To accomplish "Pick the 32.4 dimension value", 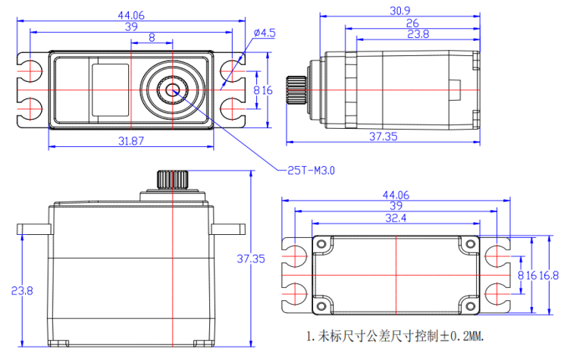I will tap(396, 218).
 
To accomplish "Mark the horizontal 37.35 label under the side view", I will tap(384, 136).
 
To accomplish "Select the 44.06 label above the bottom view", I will tap(396, 195).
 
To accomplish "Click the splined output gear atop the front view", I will tap(173, 180).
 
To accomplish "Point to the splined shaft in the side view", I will tap(295, 89).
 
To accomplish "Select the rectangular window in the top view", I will tap(110, 89).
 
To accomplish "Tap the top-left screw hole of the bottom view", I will tap(321, 244).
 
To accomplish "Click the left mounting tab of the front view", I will tap(33, 229).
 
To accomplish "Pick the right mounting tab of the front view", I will tap(228, 229).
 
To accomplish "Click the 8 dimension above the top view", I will tap(152, 37).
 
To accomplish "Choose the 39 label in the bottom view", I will tap(396, 206).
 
